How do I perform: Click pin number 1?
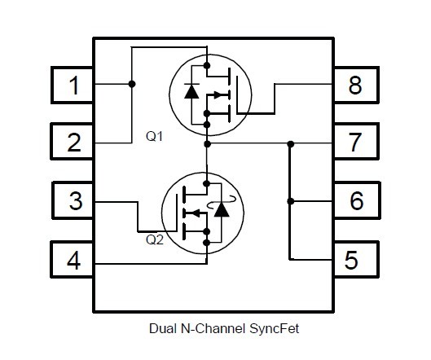tap(73, 85)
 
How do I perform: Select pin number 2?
tap(72, 142)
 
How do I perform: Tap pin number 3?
tap(73, 200)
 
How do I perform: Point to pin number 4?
tap(72, 260)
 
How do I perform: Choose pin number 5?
tap(357, 260)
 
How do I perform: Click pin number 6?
tap(357, 200)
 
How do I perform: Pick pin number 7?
tap(357, 142)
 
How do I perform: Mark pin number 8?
tap(357, 85)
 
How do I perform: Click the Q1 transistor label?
tap(154, 136)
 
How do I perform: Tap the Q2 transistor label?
tap(155, 240)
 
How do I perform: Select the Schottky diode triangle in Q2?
tap(222, 209)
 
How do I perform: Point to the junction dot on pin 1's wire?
tap(132, 84)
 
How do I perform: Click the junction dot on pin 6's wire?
tap(290, 201)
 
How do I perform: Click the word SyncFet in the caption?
tap(275, 329)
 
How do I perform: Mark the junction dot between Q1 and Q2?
tap(208, 143)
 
